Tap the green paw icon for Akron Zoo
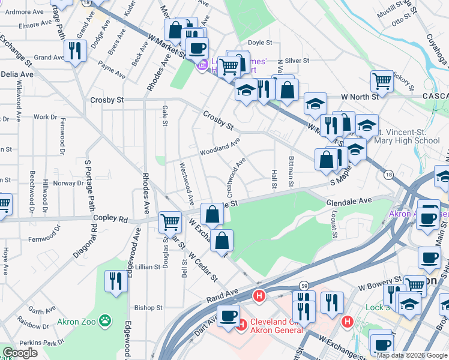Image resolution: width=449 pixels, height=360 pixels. click(106, 320)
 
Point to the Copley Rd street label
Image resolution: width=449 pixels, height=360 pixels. click(112, 220)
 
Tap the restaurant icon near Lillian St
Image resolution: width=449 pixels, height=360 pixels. click(115, 281)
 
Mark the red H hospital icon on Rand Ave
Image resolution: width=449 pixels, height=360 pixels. click(259, 296)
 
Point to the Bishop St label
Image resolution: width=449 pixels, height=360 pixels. click(148, 308)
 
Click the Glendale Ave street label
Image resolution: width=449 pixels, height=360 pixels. click(349, 202)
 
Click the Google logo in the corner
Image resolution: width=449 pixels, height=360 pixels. click(20, 353)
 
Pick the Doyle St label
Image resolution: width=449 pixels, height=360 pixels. click(260, 43)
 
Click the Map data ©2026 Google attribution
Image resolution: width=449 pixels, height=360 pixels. click(412, 355)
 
